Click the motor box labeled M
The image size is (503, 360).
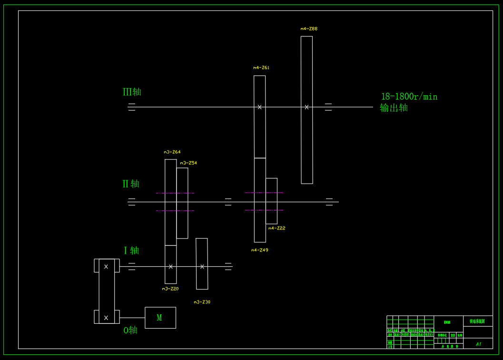click(160, 318)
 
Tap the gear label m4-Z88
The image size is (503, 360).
click(309, 29)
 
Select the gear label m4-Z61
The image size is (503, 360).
click(261, 68)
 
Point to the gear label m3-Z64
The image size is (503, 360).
click(172, 152)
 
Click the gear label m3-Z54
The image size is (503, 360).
click(188, 163)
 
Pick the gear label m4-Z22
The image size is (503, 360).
click(277, 228)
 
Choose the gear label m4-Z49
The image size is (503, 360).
click(260, 250)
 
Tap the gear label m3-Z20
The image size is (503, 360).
click(170, 289)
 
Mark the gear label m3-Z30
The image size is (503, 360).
click(202, 302)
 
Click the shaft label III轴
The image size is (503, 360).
click(132, 92)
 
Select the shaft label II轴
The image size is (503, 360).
click(131, 183)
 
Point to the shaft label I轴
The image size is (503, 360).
click(131, 250)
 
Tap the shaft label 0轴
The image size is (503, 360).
click(130, 330)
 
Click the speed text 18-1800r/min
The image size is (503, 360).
click(409, 97)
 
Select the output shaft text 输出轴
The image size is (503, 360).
click(394, 108)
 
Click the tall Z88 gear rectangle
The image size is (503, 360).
click(307, 143)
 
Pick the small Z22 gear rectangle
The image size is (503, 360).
click(271, 201)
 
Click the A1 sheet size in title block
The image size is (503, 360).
click(478, 344)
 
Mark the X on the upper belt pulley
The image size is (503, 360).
click(106, 267)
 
